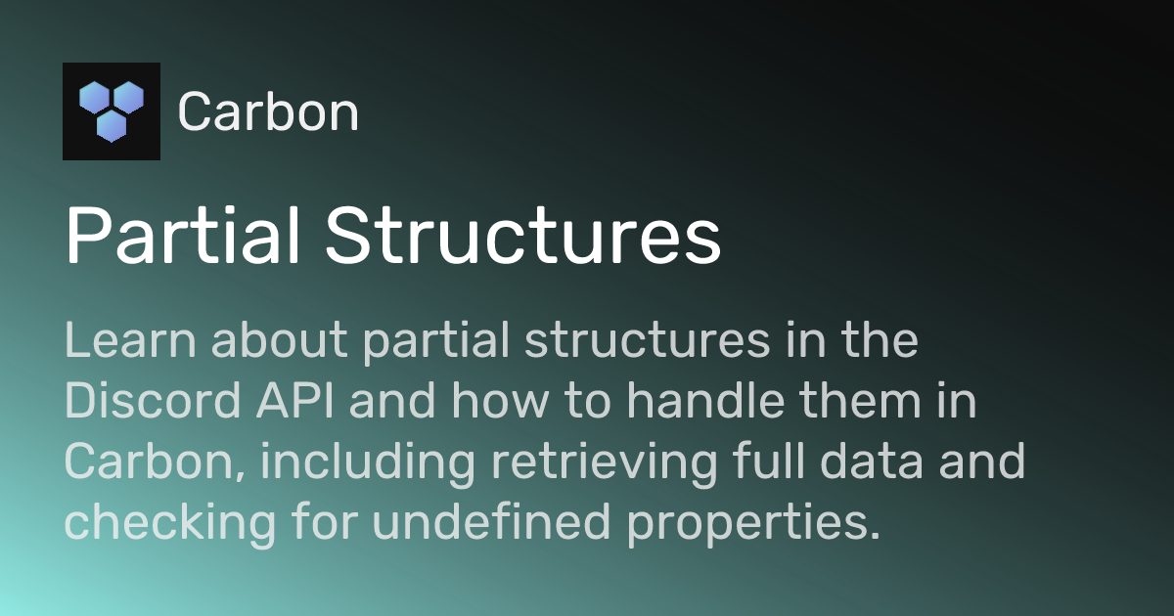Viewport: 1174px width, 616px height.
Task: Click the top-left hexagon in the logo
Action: tap(95, 97)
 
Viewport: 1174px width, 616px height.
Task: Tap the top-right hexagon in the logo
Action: tap(128, 97)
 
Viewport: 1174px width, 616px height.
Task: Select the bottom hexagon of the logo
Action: tap(112, 125)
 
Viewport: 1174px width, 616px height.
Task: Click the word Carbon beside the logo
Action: tap(268, 112)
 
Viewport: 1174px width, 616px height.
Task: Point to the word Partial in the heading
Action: tap(180, 238)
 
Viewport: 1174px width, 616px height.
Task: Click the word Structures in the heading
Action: tap(523, 238)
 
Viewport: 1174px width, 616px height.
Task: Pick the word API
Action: tap(312, 402)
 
